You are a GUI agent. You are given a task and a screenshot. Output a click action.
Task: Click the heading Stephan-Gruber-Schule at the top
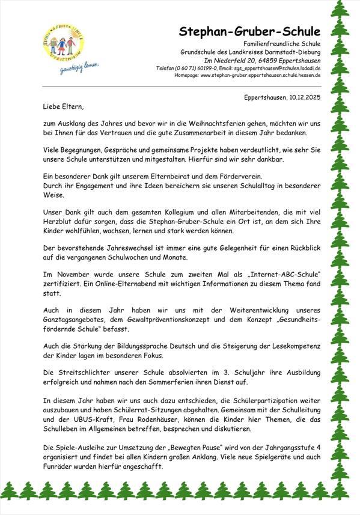tap(249, 32)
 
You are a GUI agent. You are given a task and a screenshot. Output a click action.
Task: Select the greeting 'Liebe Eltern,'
tap(63, 107)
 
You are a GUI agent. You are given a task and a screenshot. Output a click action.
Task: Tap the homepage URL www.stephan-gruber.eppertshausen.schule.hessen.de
tap(260, 76)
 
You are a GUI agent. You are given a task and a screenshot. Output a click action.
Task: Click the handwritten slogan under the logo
tap(79, 66)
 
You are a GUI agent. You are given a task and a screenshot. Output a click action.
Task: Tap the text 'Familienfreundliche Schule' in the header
tap(282, 44)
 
